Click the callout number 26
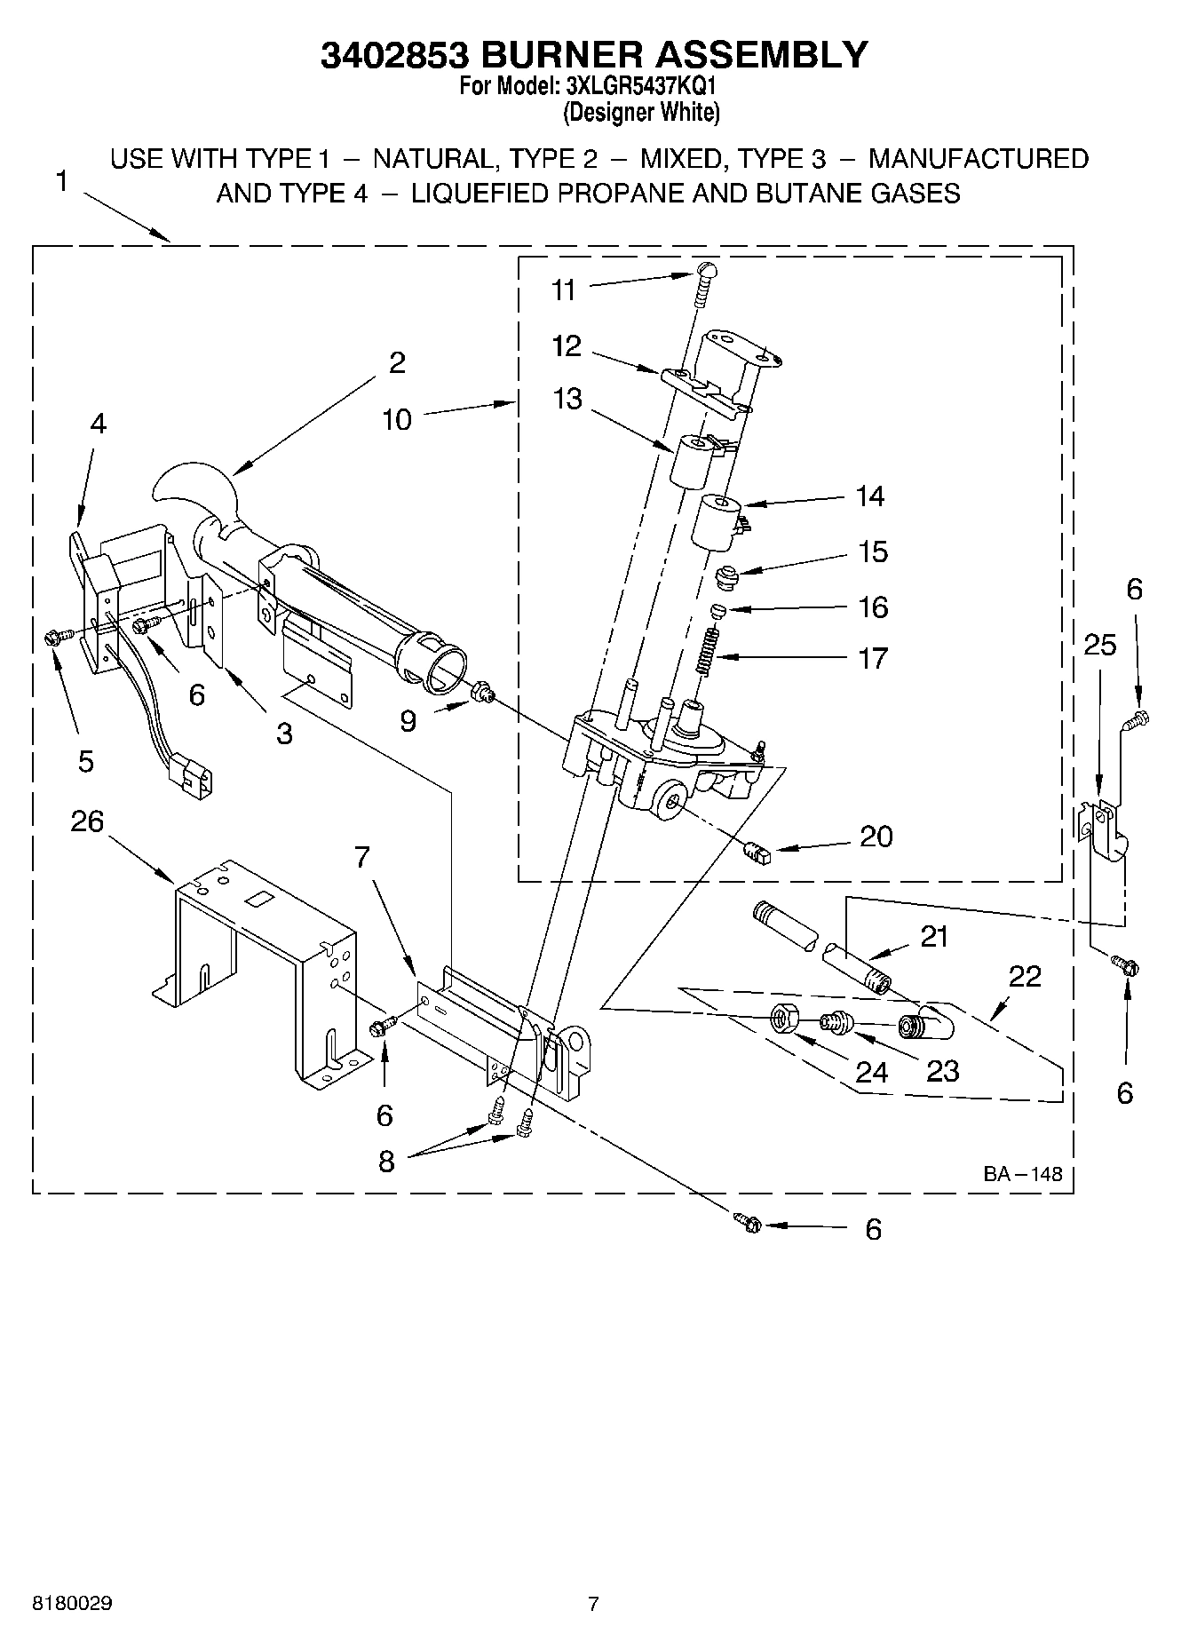(87, 821)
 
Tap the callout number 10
(397, 419)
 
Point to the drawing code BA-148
(1021, 1174)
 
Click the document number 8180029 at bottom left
(72, 1604)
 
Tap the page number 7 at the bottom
(593, 1604)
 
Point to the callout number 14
(869, 496)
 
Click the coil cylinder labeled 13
(694, 461)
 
